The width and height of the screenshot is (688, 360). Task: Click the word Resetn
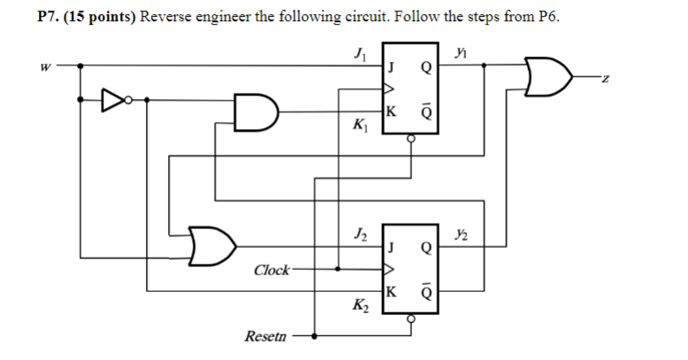pos(265,337)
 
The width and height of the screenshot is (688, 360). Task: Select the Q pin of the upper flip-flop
pos(427,65)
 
